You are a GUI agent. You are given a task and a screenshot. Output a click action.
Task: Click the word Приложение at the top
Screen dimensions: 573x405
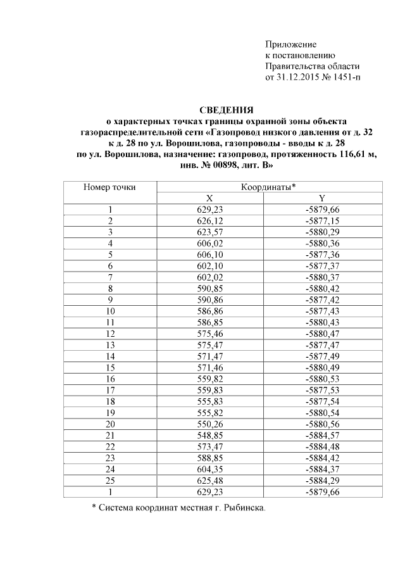pos(290,44)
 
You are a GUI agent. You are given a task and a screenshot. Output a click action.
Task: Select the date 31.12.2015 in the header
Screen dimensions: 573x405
pos(297,78)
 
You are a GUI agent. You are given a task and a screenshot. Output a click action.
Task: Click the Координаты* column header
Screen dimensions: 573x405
pos(268,187)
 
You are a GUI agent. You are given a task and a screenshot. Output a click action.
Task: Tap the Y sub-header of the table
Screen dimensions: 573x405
pos(322,198)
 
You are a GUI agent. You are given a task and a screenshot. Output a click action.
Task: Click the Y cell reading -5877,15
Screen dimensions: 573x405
pos(322,220)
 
